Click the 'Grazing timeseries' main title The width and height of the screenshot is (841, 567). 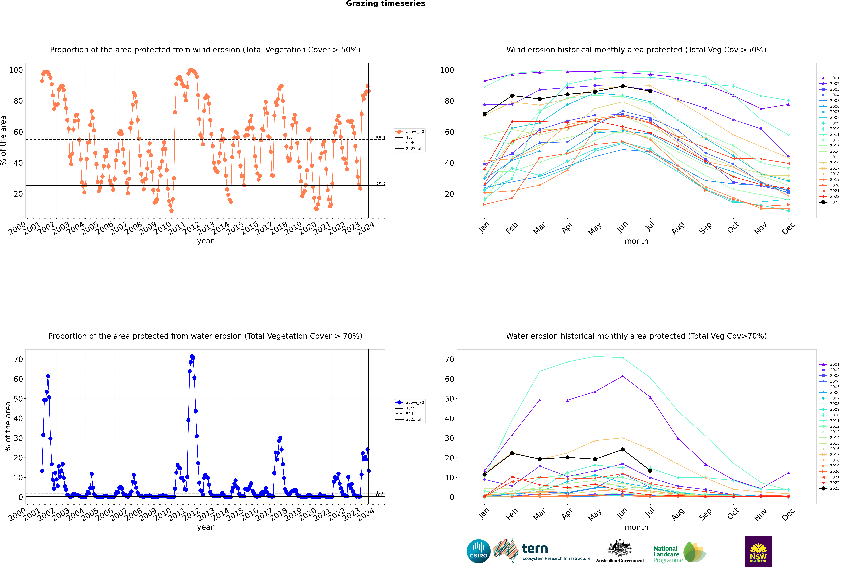pyautogui.click(x=385, y=4)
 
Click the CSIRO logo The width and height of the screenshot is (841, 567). pyautogui.click(x=478, y=551)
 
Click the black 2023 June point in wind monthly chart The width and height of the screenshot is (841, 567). pyautogui.click(x=623, y=86)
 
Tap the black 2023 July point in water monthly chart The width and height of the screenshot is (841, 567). pyautogui.click(x=650, y=471)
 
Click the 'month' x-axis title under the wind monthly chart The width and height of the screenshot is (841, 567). pyautogui.click(x=636, y=241)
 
